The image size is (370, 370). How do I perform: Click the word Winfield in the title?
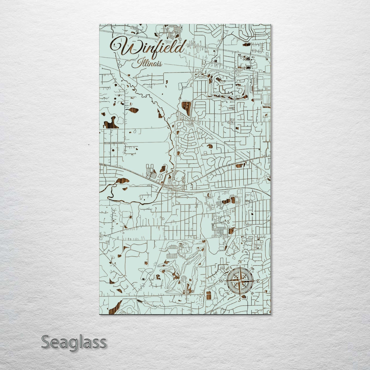pyautogui.click(x=151, y=48)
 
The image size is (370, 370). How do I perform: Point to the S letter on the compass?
pyautogui.click(x=240, y=300)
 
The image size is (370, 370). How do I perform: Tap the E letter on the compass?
pyautogui.click(x=258, y=281)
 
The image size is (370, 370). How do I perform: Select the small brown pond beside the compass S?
pyautogui.click(x=244, y=297)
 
